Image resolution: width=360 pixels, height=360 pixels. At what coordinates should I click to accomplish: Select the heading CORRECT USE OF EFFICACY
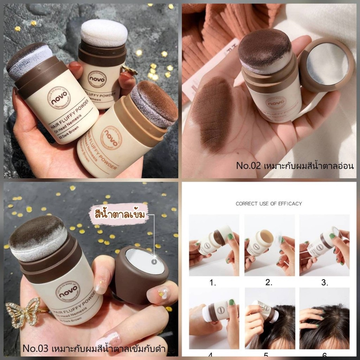269,204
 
